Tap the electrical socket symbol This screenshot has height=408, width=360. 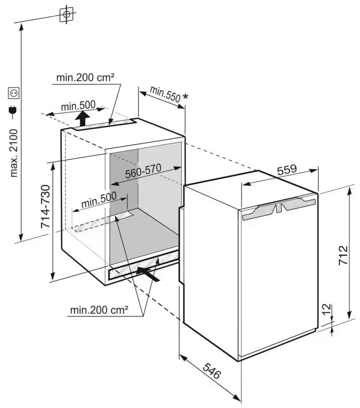pos(13,93)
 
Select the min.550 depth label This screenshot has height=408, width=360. pos(165,95)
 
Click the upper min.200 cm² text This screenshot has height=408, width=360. pos(85,77)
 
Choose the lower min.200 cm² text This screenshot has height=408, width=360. pos(99,309)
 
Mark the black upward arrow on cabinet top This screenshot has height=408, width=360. pos(82,119)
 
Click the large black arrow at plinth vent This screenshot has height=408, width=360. pos(150,274)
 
